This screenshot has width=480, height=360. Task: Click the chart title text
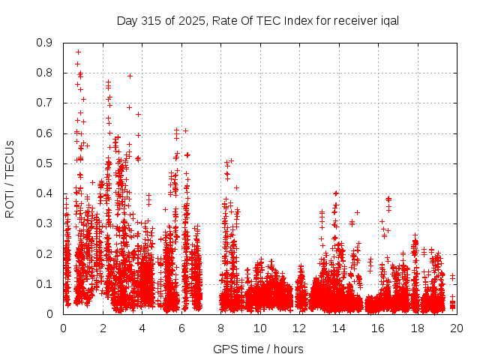coord(257,20)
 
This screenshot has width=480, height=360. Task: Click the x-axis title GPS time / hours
coord(258,349)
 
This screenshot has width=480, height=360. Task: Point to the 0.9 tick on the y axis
coord(45,43)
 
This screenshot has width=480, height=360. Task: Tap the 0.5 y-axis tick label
coord(45,163)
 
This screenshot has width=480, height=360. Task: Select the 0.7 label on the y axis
coord(45,103)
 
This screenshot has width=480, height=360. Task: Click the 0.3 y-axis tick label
coord(45,223)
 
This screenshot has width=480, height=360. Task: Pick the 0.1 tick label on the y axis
coord(45,284)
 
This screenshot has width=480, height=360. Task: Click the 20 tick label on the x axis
coord(457,328)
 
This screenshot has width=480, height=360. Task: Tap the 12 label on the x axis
coord(299,328)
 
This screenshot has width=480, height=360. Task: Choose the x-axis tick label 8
coord(220,328)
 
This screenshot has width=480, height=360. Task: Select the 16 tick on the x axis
coord(378,328)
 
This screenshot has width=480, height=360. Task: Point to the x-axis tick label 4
coord(142,328)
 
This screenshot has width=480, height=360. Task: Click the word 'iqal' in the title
coord(388,20)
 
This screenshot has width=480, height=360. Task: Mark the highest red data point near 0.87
coord(78,52)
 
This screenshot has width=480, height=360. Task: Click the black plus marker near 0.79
coord(130,76)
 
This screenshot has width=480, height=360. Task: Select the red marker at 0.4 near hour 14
coord(336,193)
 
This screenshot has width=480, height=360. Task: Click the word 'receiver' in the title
coord(353,20)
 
